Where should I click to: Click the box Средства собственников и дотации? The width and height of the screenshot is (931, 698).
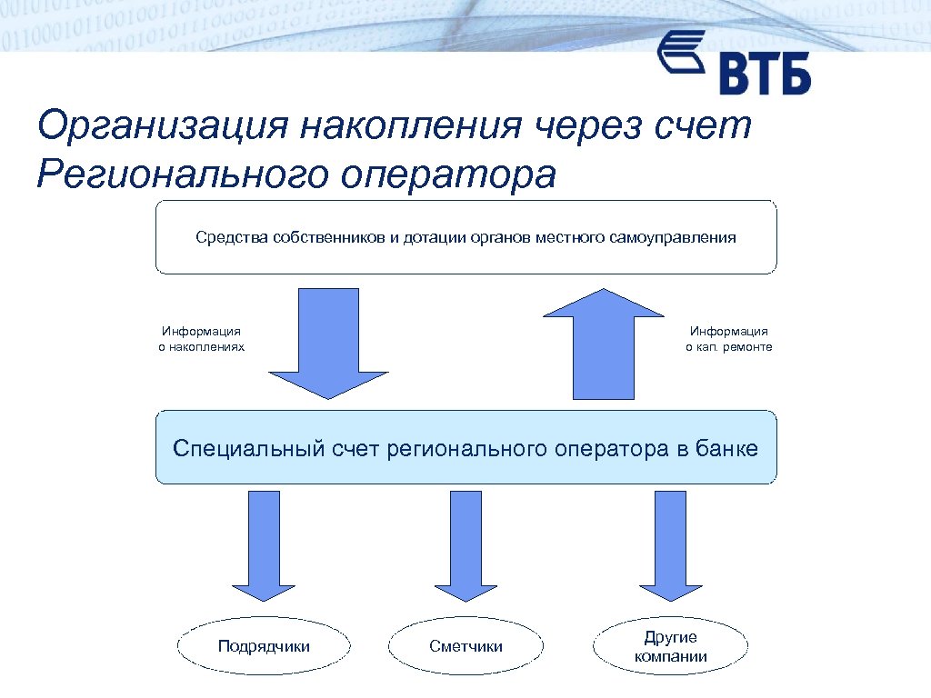point(465,238)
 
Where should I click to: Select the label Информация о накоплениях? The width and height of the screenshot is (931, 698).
point(201,339)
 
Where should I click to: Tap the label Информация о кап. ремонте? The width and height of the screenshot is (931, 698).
point(728,339)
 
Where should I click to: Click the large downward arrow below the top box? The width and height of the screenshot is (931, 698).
point(328,345)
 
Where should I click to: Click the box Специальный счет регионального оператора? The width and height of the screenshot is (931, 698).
point(465,448)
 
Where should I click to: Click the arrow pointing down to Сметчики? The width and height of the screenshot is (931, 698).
point(465,545)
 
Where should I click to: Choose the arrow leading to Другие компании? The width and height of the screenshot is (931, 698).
point(670,545)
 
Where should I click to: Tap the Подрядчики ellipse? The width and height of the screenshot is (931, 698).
point(264,647)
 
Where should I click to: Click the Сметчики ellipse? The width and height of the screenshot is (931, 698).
point(465,647)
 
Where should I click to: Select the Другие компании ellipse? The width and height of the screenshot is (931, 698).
point(670,647)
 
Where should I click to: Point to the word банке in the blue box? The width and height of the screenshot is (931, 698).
point(726,448)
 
